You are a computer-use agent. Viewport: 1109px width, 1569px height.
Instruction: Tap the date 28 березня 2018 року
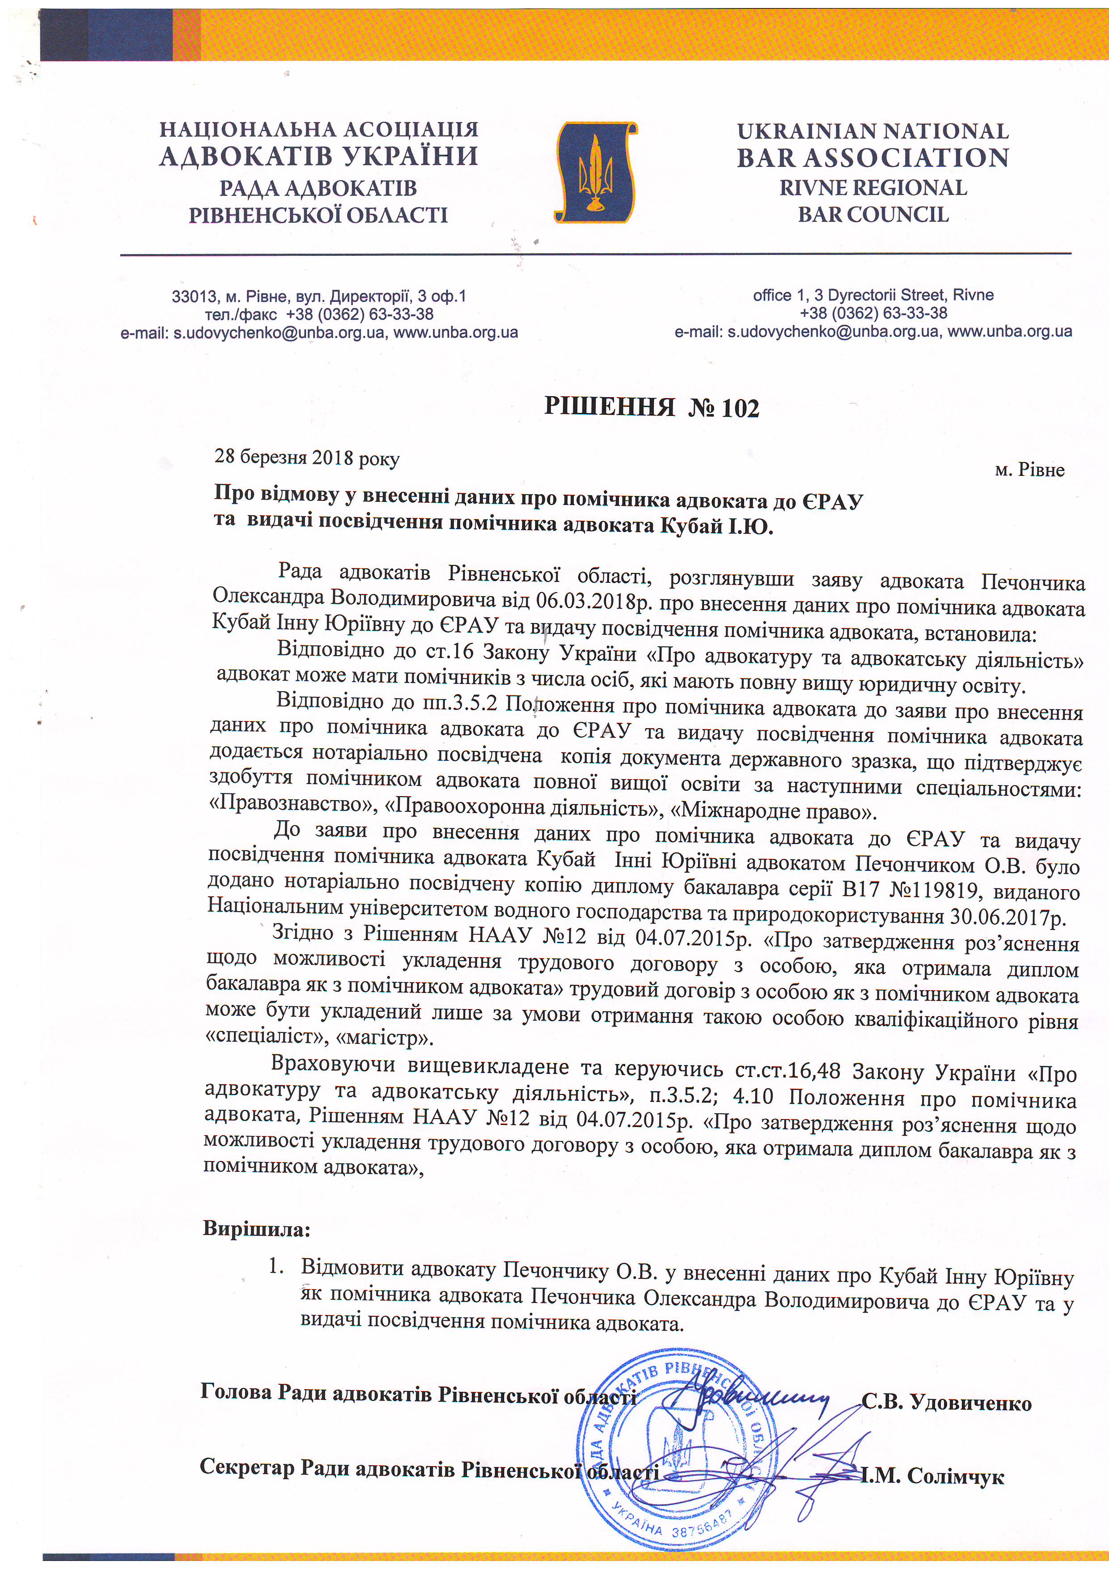[x=307, y=457]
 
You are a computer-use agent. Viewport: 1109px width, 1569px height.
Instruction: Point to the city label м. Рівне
[x=1030, y=470]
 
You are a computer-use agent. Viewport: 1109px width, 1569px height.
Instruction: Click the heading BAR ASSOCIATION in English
[x=872, y=158]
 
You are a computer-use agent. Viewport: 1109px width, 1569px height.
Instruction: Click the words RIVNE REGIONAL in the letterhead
[x=873, y=187]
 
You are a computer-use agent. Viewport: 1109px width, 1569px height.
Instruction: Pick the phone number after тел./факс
[x=360, y=314]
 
